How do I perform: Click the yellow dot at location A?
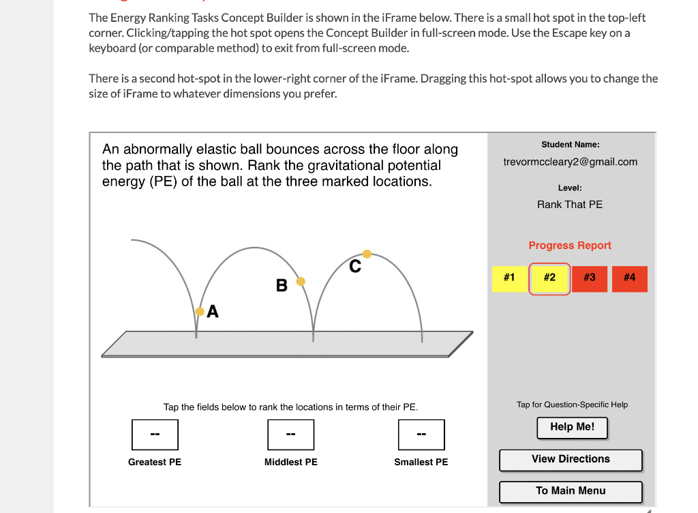200,311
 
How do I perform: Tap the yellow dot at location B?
301,281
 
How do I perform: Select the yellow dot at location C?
367,254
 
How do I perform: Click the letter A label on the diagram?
213,312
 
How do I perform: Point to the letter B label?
282,286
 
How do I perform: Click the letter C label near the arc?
354,266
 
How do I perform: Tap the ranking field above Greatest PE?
155,435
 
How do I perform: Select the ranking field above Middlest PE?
291,435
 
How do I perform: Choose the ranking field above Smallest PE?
421,435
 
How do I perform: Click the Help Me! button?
572,427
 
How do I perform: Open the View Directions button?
571,459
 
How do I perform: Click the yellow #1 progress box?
509,278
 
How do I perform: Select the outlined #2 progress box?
549,278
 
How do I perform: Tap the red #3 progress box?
589,278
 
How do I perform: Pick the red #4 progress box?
629,278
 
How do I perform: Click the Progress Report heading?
570,246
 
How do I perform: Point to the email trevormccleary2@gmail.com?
570,162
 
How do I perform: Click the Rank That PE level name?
570,205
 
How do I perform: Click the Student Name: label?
571,145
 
